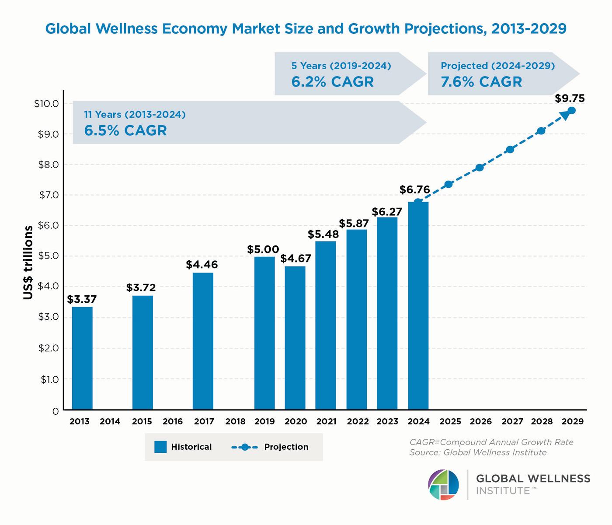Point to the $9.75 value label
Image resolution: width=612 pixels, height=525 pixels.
point(570,98)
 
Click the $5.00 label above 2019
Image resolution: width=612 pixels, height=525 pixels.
point(263,249)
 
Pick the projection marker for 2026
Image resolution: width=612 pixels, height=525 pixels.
point(480,167)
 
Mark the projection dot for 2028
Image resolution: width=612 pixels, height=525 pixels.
point(541,130)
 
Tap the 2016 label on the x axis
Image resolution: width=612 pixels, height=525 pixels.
point(173,422)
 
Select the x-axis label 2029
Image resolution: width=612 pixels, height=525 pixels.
point(573,422)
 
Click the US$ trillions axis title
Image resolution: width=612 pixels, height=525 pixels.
point(28,262)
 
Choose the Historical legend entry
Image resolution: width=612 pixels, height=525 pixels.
point(183,447)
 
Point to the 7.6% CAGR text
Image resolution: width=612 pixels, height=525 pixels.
point(481,82)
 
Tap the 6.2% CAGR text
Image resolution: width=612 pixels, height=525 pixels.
point(333,82)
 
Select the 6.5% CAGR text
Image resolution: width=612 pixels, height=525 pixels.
point(125,130)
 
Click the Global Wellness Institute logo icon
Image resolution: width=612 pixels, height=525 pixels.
point(443,485)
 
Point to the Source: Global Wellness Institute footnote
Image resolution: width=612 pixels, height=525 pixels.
point(478,452)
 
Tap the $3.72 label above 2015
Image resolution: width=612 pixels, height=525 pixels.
point(141,287)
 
